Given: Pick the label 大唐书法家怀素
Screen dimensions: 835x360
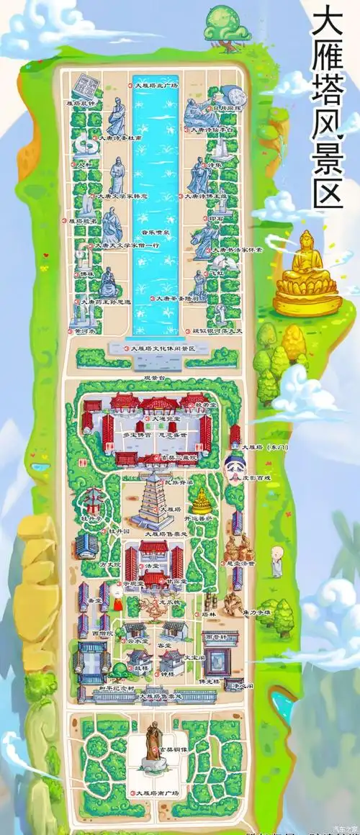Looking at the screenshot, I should [237, 250].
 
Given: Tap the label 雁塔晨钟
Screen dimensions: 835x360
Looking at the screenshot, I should [81, 103].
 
